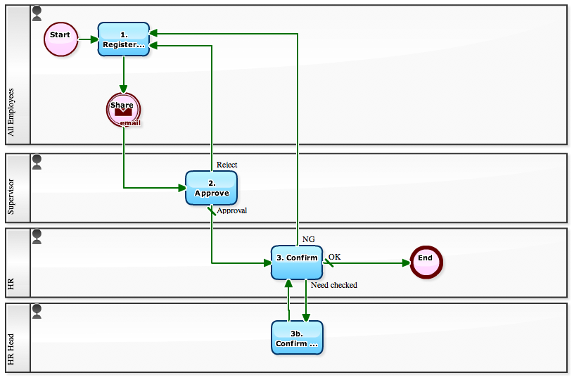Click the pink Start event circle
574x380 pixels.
(60, 39)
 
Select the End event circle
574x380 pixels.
(426, 262)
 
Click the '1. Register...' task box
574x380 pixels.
(124, 39)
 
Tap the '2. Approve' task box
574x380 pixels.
(212, 188)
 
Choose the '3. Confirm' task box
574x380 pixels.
(297, 262)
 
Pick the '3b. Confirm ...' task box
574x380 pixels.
(297, 338)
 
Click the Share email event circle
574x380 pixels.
(124, 110)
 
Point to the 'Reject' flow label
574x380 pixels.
(227, 165)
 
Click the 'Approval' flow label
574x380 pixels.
(231, 210)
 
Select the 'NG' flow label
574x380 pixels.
(308, 239)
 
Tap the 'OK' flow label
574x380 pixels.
(334, 257)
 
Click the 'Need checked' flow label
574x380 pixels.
(333, 285)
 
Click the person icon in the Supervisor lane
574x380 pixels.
(37, 162)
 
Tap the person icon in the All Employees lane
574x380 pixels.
(37, 13)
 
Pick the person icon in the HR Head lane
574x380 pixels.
(37, 311)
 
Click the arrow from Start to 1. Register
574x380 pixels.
(88, 39)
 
